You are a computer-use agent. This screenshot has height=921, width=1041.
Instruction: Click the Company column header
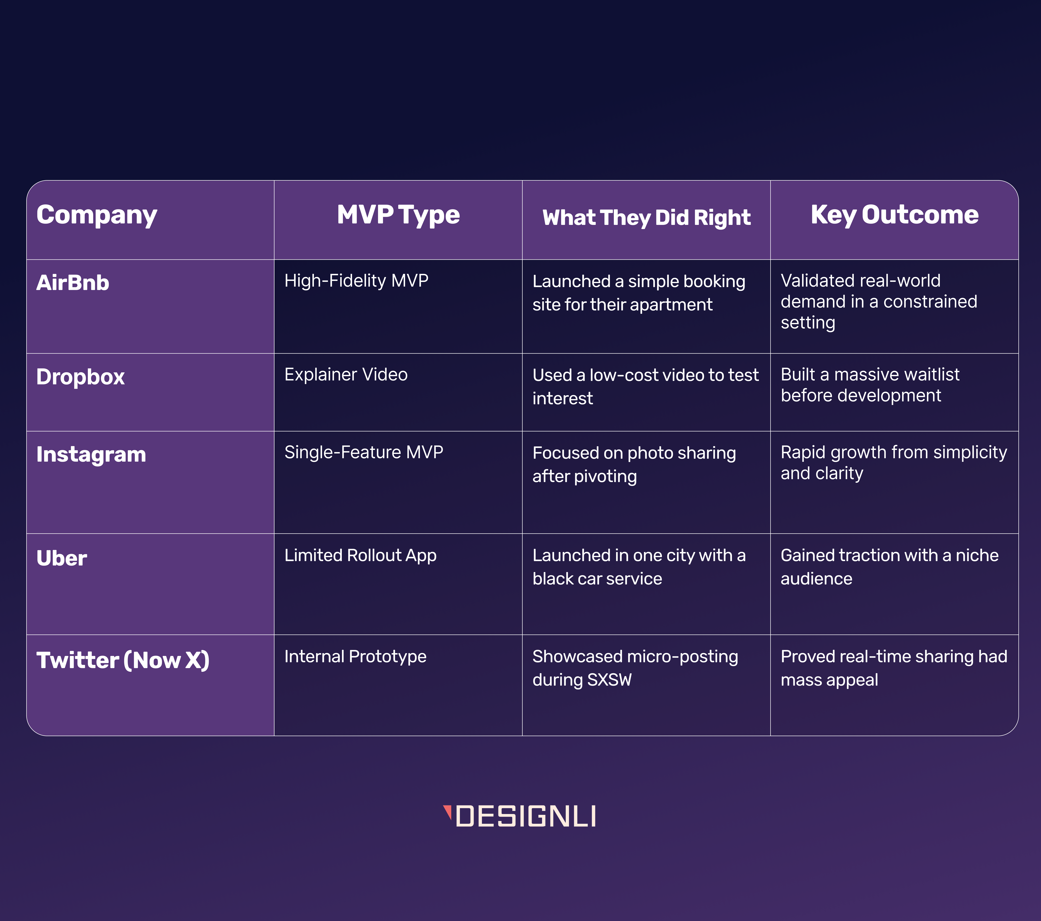tap(97, 215)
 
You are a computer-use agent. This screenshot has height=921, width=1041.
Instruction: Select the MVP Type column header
tap(398, 215)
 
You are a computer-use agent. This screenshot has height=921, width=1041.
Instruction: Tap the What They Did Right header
tap(646, 218)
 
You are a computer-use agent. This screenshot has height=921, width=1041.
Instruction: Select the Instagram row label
tap(91, 455)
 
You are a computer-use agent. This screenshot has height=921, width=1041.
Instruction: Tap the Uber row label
tap(62, 558)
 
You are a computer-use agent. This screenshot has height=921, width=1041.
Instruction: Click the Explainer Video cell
tap(346, 375)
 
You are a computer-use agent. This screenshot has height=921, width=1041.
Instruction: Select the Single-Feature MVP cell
tap(364, 452)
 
